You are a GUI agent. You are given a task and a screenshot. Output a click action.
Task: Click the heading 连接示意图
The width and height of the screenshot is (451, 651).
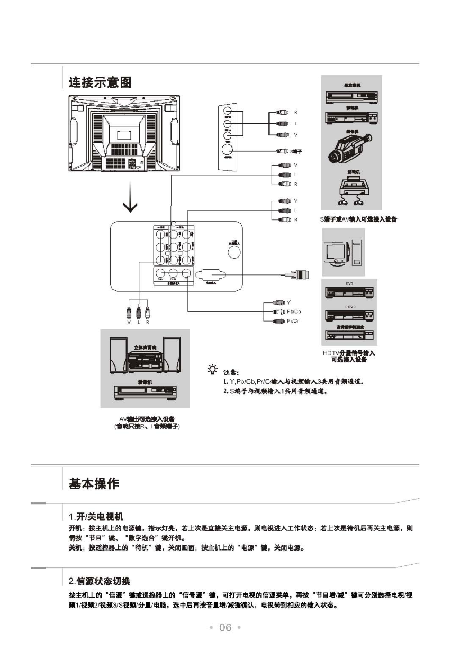100,82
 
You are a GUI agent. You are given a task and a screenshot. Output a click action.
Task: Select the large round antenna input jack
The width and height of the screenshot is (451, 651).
233,251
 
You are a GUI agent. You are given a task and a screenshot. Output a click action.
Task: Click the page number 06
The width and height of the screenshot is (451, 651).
226,627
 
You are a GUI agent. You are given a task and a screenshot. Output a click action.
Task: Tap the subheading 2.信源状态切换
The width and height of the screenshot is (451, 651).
100,581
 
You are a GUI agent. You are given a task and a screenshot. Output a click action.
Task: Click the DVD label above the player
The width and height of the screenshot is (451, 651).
349,284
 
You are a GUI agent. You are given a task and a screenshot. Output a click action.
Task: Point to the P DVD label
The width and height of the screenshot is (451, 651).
349,307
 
